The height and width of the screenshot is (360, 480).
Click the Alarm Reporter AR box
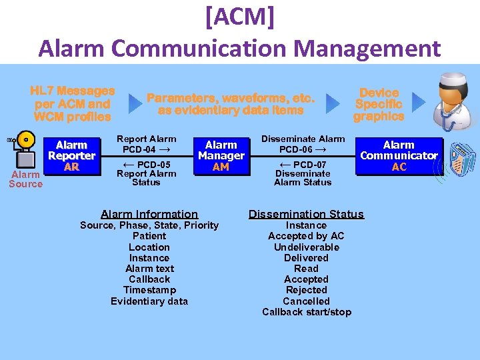click(x=71, y=155)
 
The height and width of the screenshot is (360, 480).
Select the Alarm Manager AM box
click(x=221, y=155)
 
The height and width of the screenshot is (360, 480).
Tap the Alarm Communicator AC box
click(x=399, y=155)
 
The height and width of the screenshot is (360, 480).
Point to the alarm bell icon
click(x=25, y=141)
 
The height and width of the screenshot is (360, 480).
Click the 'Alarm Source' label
click(x=25, y=179)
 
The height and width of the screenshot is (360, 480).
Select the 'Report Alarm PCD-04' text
click(x=146, y=144)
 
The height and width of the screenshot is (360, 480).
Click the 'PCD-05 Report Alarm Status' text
click(x=146, y=173)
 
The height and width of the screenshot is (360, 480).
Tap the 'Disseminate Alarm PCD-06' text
click(x=303, y=144)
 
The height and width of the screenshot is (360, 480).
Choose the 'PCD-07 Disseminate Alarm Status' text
click(x=303, y=173)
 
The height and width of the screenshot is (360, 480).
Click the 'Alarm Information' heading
click(x=149, y=214)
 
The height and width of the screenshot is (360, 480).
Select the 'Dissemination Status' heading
click(x=306, y=214)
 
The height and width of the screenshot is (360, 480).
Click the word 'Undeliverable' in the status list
click(x=306, y=247)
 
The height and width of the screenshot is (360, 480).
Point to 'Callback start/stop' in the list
click(x=306, y=312)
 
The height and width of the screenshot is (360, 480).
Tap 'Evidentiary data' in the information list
click(x=149, y=301)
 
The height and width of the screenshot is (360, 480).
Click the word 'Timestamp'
click(x=149, y=290)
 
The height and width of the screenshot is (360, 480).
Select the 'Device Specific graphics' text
click(x=379, y=105)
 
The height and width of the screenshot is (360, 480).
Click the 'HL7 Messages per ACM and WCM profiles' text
click(x=73, y=103)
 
